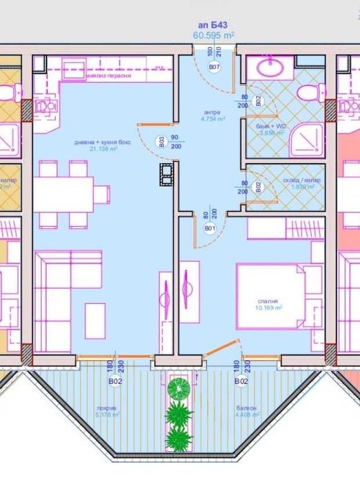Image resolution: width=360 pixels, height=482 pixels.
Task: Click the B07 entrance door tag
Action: pyautogui.click(x=214, y=67)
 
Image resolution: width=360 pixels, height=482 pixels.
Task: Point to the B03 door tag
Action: pyautogui.click(x=161, y=143)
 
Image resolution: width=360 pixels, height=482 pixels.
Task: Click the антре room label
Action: pyautogui.click(x=212, y=112)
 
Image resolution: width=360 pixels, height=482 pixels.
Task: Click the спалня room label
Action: pyautogui.click(x=270, y=301)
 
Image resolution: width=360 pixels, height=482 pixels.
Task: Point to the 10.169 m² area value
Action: pyautogui.click(x=270, y=308)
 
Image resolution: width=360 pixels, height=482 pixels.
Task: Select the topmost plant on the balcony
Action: pyautogui.click(x=179, y=388)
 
